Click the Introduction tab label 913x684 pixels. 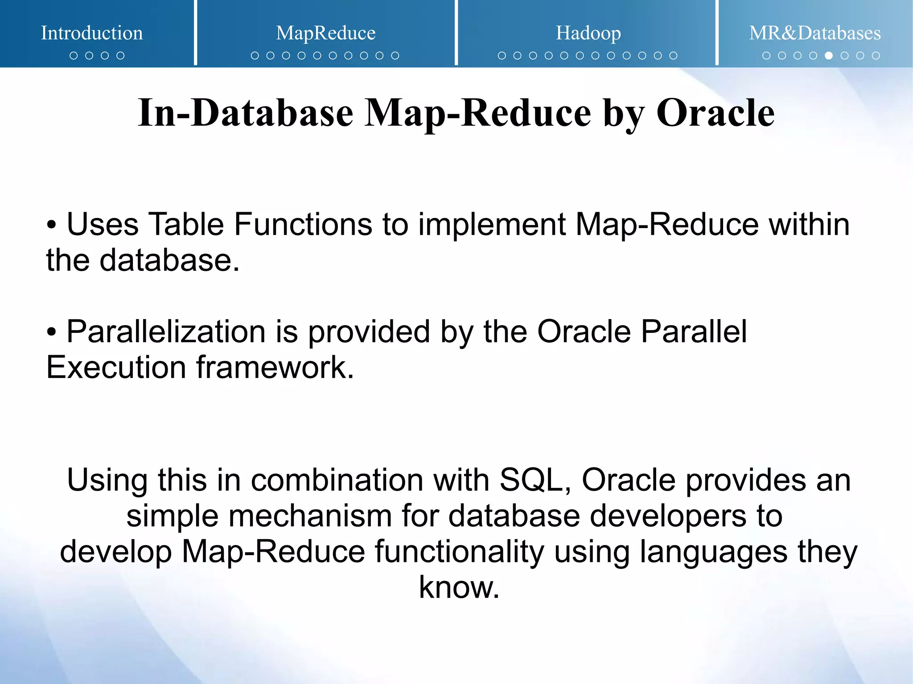[x=92, y=33]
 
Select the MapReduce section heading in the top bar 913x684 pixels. [x=325, y=33]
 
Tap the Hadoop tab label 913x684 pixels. [x=588, y=33]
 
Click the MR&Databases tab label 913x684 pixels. [x=814, y=33]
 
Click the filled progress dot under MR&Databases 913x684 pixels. [x=829, y=56]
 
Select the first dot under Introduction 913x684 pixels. [x=74, y=56]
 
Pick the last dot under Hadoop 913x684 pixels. [x=673, y=56]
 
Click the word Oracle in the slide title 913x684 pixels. [x=715, y=113]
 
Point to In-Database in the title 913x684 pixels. [x=246, y=113]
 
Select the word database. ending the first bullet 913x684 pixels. [x=169, y=260]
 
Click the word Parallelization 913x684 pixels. [x=166, y=332]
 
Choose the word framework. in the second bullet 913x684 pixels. [x=275, y=368]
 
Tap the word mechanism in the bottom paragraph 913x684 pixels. [x=310, y=516]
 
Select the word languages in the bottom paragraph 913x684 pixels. [x=713, y=552]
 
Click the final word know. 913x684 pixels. [x=459, y=587]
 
